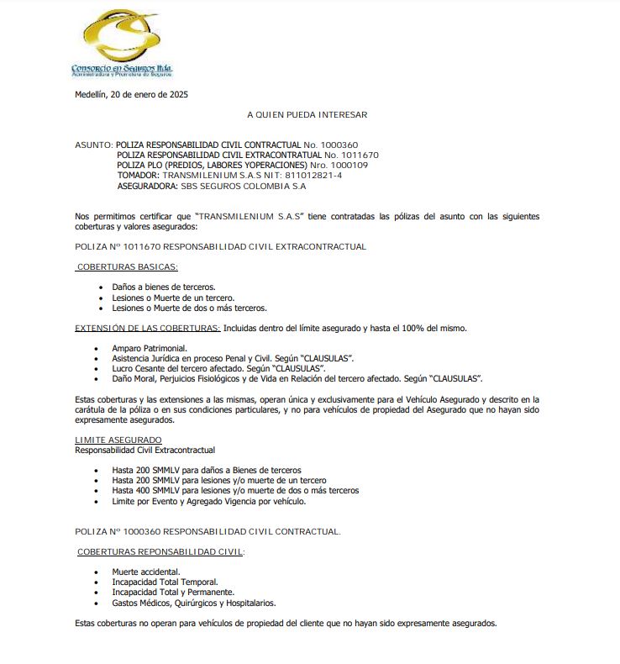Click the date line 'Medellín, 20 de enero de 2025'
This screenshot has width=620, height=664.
tap(131, 95)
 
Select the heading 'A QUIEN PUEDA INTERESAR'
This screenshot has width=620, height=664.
tap(307, 114)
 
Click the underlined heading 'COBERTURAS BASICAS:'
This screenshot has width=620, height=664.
tap(127, 267)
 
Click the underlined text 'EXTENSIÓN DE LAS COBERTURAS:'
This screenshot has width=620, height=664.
tap(148, 328)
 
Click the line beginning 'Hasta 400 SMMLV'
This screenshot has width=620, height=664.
tap(235, 490)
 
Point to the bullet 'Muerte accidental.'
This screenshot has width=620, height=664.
tap(145, 572)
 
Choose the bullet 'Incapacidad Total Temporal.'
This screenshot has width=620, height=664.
tap(165, 582)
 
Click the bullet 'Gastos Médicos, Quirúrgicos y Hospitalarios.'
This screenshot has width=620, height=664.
tap(193, 603)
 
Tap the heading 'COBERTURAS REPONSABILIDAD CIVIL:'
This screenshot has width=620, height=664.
tap(160, 551)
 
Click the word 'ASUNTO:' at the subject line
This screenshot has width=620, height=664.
tap(93, 145)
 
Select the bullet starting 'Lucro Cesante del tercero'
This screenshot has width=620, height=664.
tap(218, 368)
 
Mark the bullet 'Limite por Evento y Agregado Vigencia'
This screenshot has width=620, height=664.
tap(208, 501)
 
